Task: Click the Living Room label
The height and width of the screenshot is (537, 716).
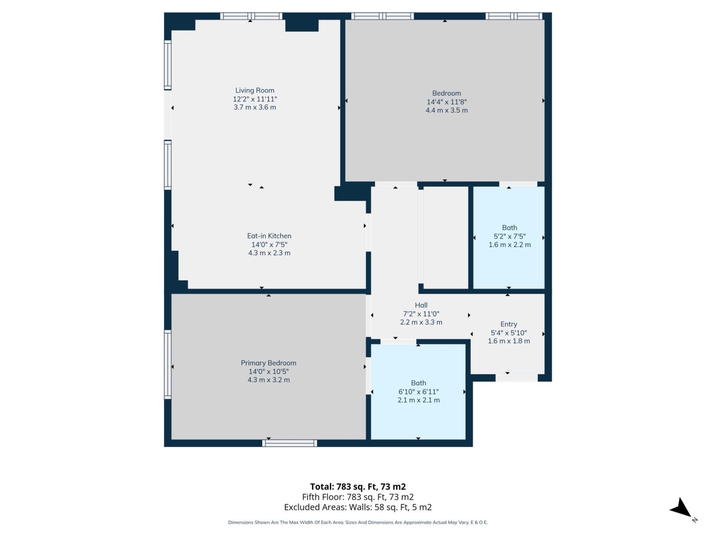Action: pyautogui.click(x=255, y=90)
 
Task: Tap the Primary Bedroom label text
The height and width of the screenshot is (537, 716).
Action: pyautogui.click(x=268, y=363)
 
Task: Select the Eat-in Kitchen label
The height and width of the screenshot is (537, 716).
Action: pyautogui.click(x=269, y=236)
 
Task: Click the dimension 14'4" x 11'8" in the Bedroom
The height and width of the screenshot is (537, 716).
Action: pyautogui.click(x=446, y=102)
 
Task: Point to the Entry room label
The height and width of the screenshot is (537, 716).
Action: pyautogui.click(x=509, y=324)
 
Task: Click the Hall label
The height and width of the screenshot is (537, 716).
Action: pyautogui.click(x=421, y=305)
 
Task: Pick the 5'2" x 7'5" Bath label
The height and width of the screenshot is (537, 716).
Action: pyautogui.click(x=509, y=227)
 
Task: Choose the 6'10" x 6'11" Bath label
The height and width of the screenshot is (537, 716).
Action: pyautogui.click(x=418, y=383)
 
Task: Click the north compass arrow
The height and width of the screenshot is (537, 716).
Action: pyautogui.click(x=682, y=509)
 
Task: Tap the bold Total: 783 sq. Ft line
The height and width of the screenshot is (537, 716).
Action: pyautogui.click(x=358, y=487)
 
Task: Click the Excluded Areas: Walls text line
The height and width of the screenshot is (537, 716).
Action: pyautogui.click(x=358, y=507)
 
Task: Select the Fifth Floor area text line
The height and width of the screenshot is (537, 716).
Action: pyautogui.click(x=358, y=497)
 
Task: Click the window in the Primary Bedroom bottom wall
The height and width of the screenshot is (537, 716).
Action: pyautogui.click(x=289, y=443)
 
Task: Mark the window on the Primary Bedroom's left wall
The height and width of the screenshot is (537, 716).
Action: pyautogui.click(x=168, y=364)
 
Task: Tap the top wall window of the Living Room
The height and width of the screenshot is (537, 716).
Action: pyautogui.click(x=251, y=16)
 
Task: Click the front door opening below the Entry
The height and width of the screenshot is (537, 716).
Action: pyautogui.click(x=516, y=378)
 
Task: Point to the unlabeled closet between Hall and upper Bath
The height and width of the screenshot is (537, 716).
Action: pyautogui.click(x=446, y=237)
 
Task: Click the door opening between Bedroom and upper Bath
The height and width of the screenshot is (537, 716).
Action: pyautogui.click(x=518, y=184)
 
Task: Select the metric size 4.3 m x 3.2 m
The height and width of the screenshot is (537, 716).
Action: pyautogui.click(x=268, y=380)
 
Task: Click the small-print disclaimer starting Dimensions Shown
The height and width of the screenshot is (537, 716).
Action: pyautogui.click(x=358, y=522)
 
